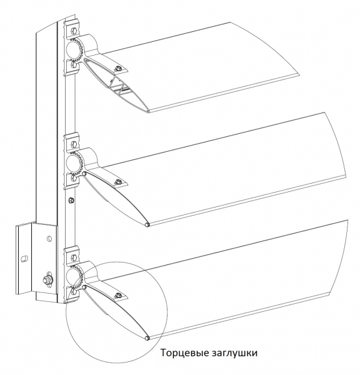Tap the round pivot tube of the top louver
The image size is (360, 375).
click(x=74, y=50)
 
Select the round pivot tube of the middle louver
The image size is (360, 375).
click(x=74, y=163)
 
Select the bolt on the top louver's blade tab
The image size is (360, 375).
click(x=117, y=69)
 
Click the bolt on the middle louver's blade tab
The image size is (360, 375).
click(x=117, y=182)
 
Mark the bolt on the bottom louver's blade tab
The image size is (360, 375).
click(x=117, y=296)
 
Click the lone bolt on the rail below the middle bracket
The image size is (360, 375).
click(x=71, y=200)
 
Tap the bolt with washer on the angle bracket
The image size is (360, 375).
click(x=46, y=279)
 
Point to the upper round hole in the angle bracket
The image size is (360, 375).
click(x=49, y=239)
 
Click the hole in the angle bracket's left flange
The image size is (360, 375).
click(x=24, y=259)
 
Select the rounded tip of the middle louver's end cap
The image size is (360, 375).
click(x=147, y=224)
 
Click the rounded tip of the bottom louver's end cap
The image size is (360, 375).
click(x=147, y=338)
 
